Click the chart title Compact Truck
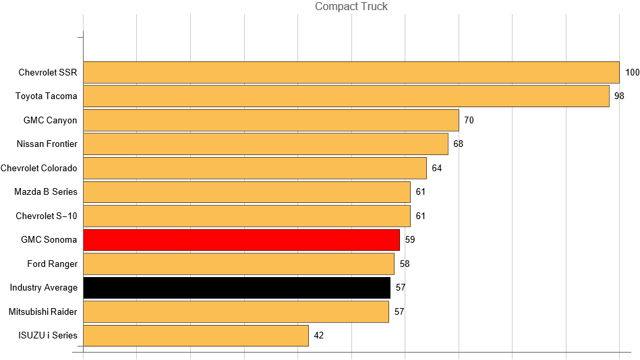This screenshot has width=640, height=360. tap(351, 7)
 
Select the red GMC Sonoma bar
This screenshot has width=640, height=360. tap(241, 240)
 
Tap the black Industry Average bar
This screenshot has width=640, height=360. tap(236, 288)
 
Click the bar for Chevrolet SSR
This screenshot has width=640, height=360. tap(351, 72)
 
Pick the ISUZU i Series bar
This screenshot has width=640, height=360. tap(196, 336)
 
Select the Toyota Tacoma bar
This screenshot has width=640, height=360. tap(346, 96)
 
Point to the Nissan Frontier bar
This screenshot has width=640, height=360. tap(265, 144)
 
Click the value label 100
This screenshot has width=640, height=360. tap(632, 72)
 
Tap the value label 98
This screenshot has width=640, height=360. tap(619, 96)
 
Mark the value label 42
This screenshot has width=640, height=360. tap(319, 336)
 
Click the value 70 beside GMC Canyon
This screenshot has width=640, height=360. tap(469, 120)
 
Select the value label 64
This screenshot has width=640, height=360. tap(436, 168)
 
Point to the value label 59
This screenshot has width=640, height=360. tap(410, 240)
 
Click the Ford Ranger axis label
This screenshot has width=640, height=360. tap(53, 264)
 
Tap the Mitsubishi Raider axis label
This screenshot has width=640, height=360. tap(43, 311)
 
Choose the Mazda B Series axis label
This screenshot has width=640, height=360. tap(46, 192)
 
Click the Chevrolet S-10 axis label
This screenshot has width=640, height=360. tap(47, 216)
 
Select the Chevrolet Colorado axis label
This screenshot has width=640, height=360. tap(39, 168)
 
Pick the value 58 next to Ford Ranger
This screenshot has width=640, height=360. tap(404, 264)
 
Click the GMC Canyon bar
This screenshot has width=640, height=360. tap(270, 120)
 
